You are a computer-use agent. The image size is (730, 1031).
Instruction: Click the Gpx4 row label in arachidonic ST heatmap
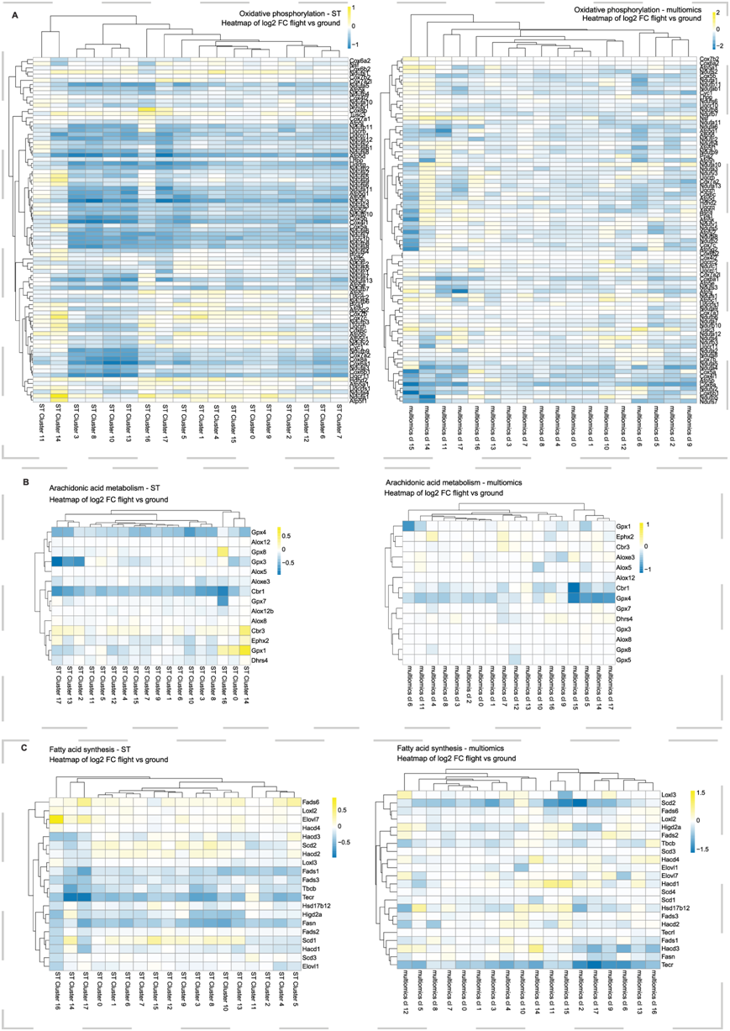[x=258, y=531]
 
